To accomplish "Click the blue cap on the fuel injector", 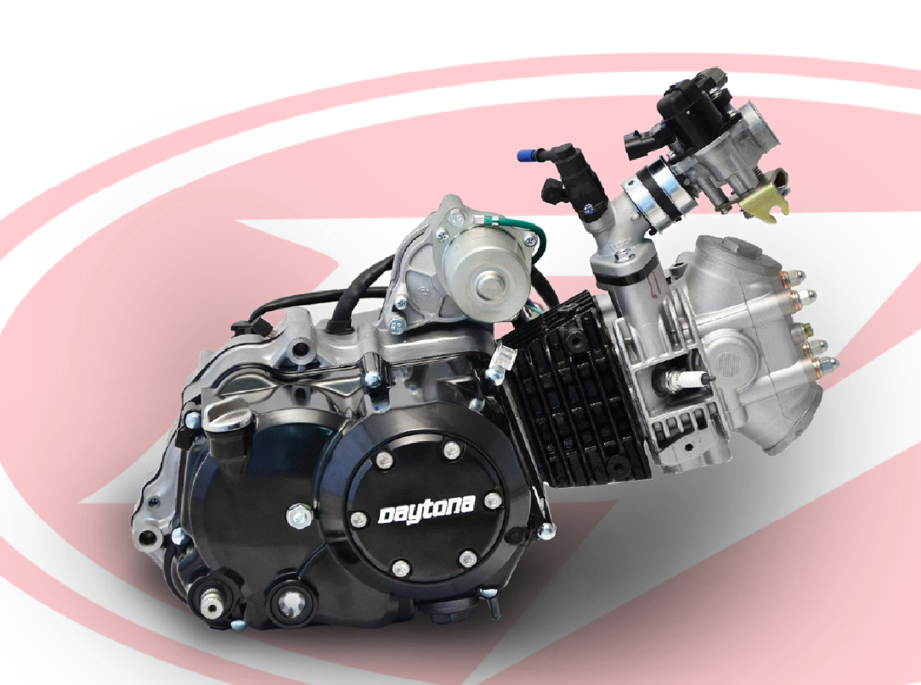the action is tap(524, 156).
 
